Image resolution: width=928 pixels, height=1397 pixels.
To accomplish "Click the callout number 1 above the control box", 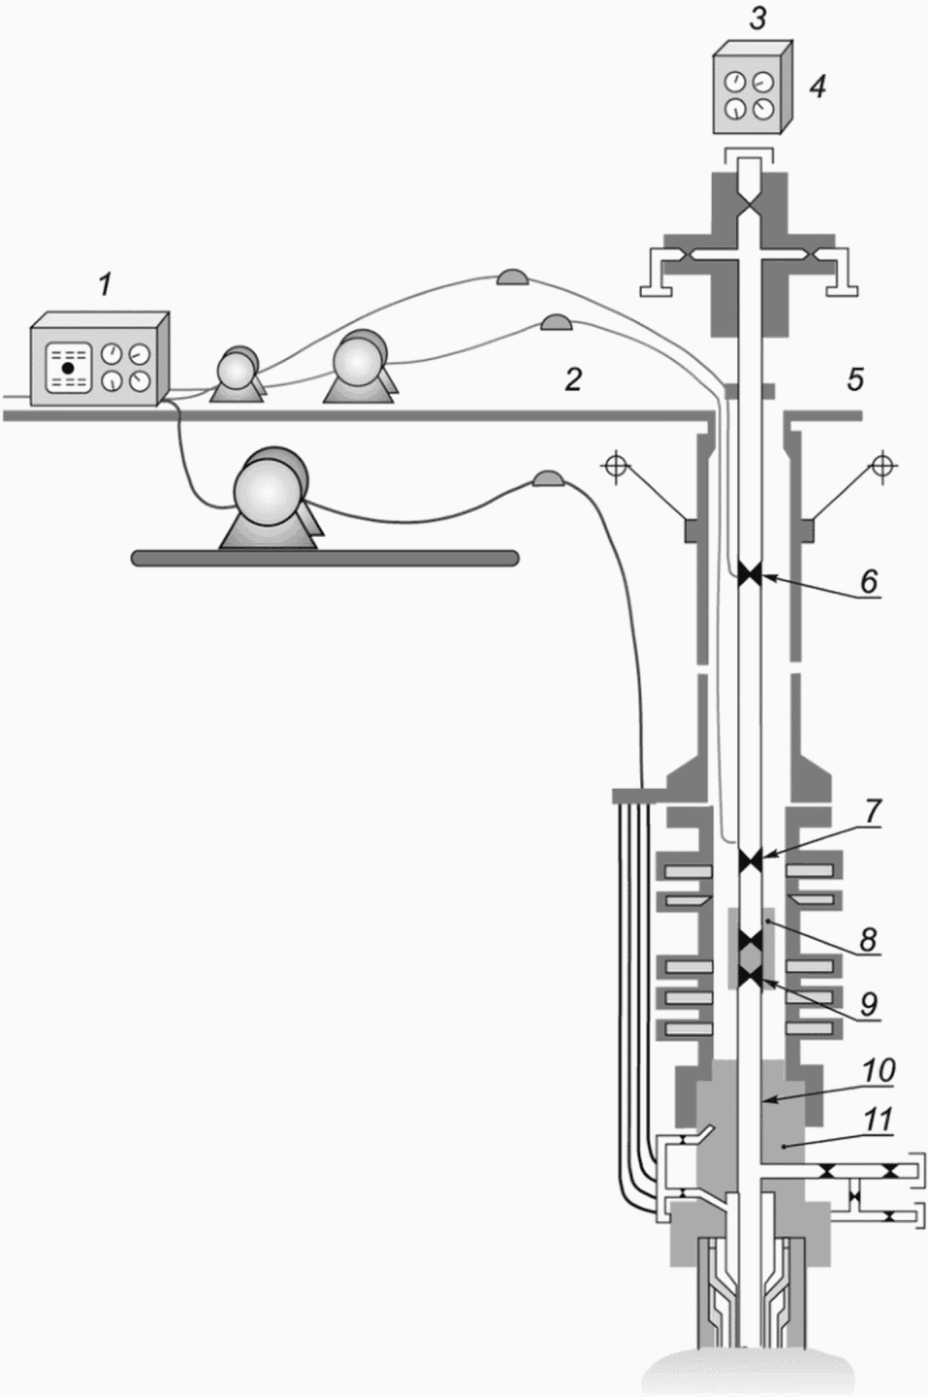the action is tap(105, 285).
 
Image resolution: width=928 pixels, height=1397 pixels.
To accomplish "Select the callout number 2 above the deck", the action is tap(573, 379).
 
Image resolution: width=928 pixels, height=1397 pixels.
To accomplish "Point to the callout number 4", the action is tap(818, 87).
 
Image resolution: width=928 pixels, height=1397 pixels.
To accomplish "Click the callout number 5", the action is tap(855, 379).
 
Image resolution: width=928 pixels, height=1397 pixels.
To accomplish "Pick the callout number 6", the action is tap(869, 581).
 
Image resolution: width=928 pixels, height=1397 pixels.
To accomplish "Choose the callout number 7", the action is tap(872, 810).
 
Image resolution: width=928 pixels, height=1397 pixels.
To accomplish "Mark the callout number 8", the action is tap(869, 939).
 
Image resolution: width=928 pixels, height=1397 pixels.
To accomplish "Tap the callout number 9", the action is tap(869, 1003).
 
